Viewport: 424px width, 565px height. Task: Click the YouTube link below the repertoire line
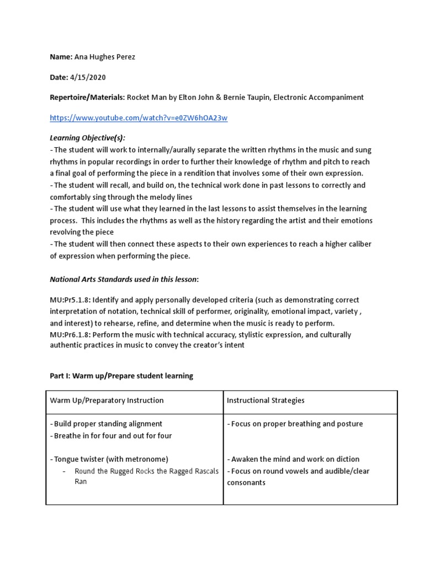[x=139, y=118]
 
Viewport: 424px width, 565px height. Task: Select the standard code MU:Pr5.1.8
[x=70, y=300]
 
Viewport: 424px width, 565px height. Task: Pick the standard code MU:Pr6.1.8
[x=70, y=335]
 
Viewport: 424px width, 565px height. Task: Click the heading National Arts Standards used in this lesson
[x=125, y=280]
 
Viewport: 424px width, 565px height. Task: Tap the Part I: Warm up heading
[x=121, y=376]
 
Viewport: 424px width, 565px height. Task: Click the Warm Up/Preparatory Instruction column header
[x=107, y=400]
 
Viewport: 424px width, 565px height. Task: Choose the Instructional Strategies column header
[x=266, y=400]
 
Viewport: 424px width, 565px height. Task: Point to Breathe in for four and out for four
[x=112, y=435]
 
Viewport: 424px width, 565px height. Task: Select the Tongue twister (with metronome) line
[x=110, y=459]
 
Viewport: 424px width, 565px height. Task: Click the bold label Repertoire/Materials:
[x=87, y=97]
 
